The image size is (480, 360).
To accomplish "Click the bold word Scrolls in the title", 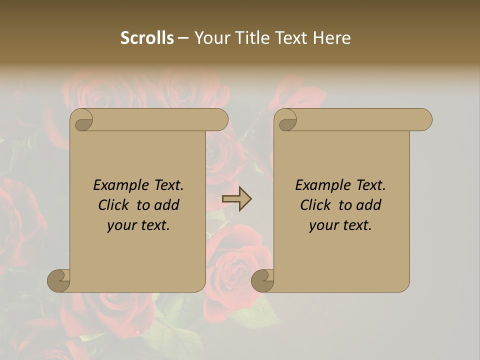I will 147,38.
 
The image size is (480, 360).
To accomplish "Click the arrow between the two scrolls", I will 237,199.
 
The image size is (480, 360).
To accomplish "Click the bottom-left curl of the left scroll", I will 59,280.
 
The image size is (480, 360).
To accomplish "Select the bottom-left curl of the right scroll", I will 263,280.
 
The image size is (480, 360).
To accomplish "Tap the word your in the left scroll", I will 121,225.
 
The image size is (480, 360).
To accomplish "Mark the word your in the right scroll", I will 323,225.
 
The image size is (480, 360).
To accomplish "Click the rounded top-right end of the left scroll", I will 220,119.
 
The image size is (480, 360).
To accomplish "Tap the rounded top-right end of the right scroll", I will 424,119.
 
